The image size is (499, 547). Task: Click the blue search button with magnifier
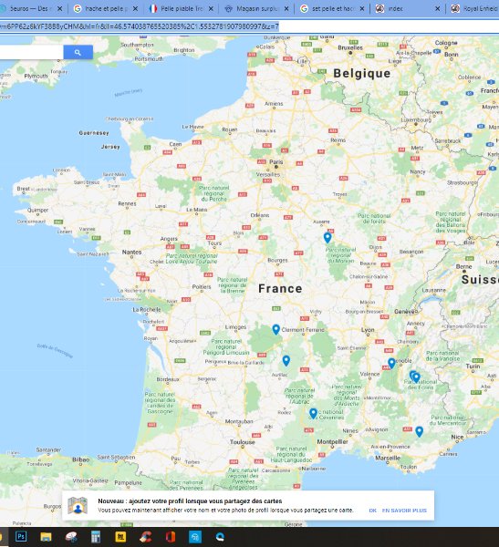click(78, 53)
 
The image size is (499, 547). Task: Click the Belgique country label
click(361, 73)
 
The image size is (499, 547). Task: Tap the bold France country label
click(279, 288)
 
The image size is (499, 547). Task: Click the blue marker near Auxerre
click(327, 238)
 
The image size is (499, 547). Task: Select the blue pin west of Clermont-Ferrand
click(275, 330)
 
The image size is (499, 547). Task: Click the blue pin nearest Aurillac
click(286, 360)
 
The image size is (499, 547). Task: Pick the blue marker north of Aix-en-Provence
click(419, 431)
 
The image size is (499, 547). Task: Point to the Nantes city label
click(133, 252)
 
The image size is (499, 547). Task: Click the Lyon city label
click(368, 329)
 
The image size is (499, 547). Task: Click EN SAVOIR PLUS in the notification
click(404, 511)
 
